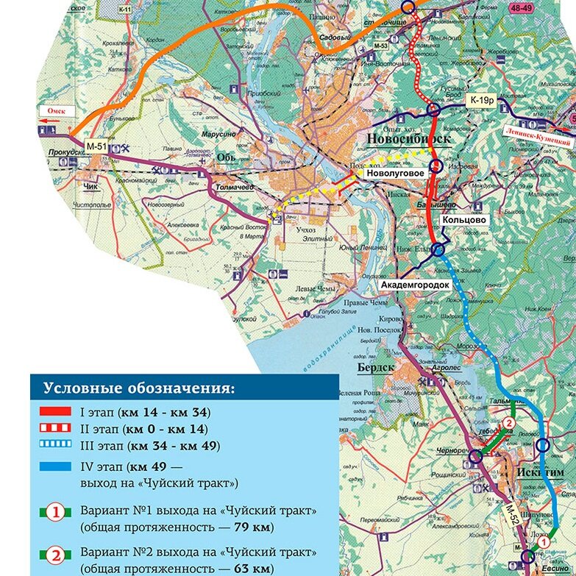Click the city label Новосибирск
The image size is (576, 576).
(402, 140)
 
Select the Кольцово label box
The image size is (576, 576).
(463, 220)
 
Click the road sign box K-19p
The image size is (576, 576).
(481, 99)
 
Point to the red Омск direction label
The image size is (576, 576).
(57, 110)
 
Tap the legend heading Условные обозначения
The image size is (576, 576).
(138, 388)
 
